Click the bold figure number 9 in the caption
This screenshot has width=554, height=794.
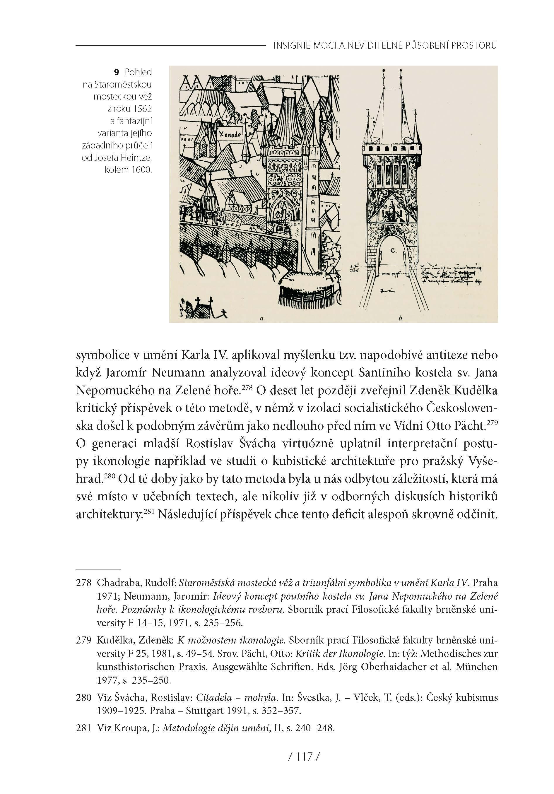[117, 72]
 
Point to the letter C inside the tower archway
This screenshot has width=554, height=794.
[394, 250]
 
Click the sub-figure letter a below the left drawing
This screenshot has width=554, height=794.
[262, 318]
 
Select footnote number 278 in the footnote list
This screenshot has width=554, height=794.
[84, 583]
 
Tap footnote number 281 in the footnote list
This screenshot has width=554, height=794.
[84, 728]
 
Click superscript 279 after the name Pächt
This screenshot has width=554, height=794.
[493, 422]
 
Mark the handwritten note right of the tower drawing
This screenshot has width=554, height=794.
[451, 274]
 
